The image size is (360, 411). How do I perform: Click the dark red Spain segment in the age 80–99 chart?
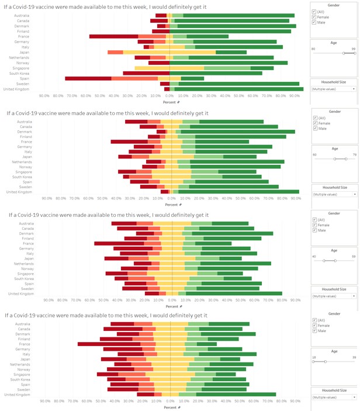pos(88,78)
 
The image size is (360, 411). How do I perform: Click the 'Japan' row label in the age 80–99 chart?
pos(24,52)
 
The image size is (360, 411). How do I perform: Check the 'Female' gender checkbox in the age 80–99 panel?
pos(314,17)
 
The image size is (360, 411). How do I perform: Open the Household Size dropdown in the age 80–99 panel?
pos(334,89)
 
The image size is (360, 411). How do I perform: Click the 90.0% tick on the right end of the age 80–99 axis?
pos(296,95)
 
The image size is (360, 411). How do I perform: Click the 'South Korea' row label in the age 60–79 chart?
pos(21,177)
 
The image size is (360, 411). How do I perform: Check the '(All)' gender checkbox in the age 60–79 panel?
pos(314,118)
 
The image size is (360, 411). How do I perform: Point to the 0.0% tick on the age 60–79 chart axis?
pos(171,198)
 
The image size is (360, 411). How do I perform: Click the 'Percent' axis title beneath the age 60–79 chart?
pos(170,205)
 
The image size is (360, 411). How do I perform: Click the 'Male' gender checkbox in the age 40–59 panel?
pos(314,230)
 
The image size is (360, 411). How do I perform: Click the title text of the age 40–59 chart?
pos(109,215)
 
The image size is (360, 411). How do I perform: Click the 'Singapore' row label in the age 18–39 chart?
pos(22,374)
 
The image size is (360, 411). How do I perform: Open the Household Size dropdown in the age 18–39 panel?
pos(334,397)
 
